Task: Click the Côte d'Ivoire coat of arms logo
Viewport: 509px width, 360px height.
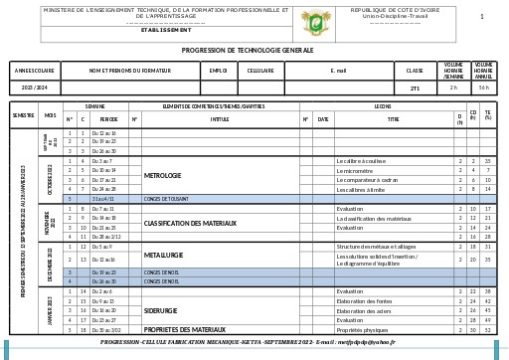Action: click(317, 21)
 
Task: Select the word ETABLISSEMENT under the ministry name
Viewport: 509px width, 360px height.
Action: click(166, 30)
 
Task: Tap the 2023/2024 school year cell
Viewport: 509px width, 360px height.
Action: click(35, 88)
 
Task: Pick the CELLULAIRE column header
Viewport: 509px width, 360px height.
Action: click(260, 71)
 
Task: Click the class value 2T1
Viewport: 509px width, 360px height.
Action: click(415, 88)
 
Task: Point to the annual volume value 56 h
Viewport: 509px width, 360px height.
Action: click(484, 88)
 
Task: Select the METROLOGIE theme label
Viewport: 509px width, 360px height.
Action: click(163, 175)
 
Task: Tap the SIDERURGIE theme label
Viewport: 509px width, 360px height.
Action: click(161, 310)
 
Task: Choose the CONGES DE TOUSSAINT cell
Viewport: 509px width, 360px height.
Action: click(166, 199)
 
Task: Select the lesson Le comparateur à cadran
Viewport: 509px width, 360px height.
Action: click(367, 180)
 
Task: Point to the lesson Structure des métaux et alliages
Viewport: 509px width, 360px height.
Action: click(375, 246)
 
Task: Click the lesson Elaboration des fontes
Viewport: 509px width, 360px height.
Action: click(365, 300)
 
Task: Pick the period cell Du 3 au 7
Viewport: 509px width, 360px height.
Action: click(102, 160)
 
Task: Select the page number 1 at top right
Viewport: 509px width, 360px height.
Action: click(482, 17)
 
